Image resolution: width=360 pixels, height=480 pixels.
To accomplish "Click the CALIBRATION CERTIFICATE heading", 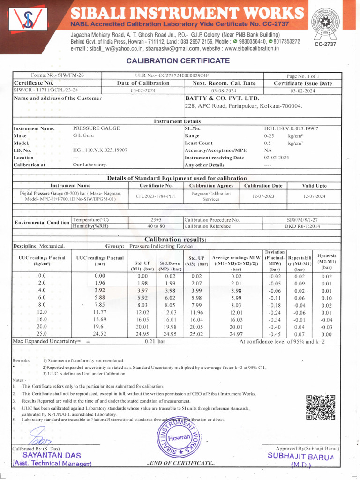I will [178, 61].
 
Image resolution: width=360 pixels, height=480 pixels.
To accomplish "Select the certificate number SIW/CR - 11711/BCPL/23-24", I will [46, 90].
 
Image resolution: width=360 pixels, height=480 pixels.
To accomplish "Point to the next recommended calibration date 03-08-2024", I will [224, 91].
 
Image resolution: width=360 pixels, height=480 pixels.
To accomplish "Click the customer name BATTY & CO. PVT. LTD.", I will [222, 98].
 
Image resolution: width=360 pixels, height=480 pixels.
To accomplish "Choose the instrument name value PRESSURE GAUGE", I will [96, 128].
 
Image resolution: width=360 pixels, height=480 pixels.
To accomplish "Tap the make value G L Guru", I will [84, 135].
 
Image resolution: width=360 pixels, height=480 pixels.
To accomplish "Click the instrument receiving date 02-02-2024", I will [277, 157].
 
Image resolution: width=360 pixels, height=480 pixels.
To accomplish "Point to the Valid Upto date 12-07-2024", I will [314, 196].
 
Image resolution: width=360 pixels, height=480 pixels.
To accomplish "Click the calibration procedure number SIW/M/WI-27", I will [302, 219].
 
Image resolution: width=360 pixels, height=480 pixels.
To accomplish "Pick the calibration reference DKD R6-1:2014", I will [302, 226].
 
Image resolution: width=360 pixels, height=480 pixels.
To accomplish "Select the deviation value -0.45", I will [275, 334].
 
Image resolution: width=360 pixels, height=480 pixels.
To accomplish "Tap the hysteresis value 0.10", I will [327, 298].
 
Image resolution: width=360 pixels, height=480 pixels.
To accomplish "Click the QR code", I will [321, 407].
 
